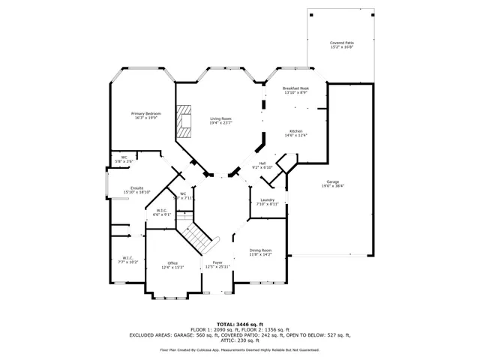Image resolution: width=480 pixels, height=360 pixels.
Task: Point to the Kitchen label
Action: click(295, 132)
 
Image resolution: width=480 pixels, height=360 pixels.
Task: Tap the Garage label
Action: click(333, 182)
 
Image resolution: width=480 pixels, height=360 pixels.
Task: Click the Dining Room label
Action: click(260, 251)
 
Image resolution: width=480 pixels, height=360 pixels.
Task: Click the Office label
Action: click(172, 264)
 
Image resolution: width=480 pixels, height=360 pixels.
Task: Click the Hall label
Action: click(262, 164)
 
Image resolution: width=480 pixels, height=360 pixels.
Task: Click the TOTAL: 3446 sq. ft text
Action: click(239, 323)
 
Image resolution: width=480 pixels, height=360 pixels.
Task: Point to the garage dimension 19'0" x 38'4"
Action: click(333, 186)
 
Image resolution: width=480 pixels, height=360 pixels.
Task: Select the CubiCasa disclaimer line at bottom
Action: click(239, 349)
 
